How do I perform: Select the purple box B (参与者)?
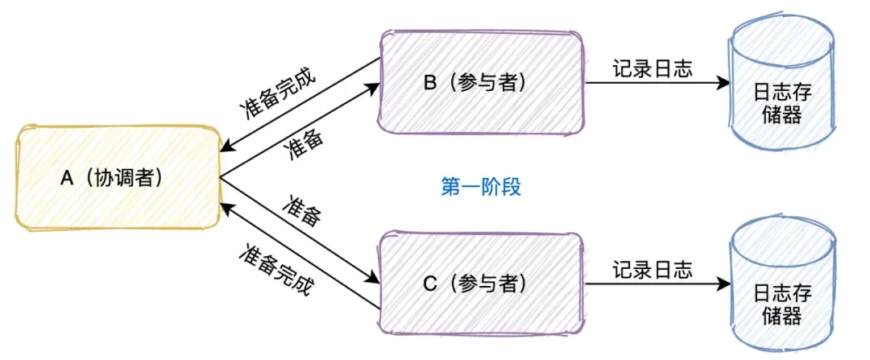(x=482, y=81)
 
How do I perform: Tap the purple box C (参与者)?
(x=482, y=282)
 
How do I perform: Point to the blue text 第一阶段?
(x=482, y=187)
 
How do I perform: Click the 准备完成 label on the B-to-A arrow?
(x=278, y=95)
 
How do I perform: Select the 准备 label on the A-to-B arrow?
(x=305, y=144)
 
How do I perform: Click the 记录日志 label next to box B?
(x=652, y=68)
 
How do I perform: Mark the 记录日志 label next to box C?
(x=652, y=268)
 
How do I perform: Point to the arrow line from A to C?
(x=298, y=230)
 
